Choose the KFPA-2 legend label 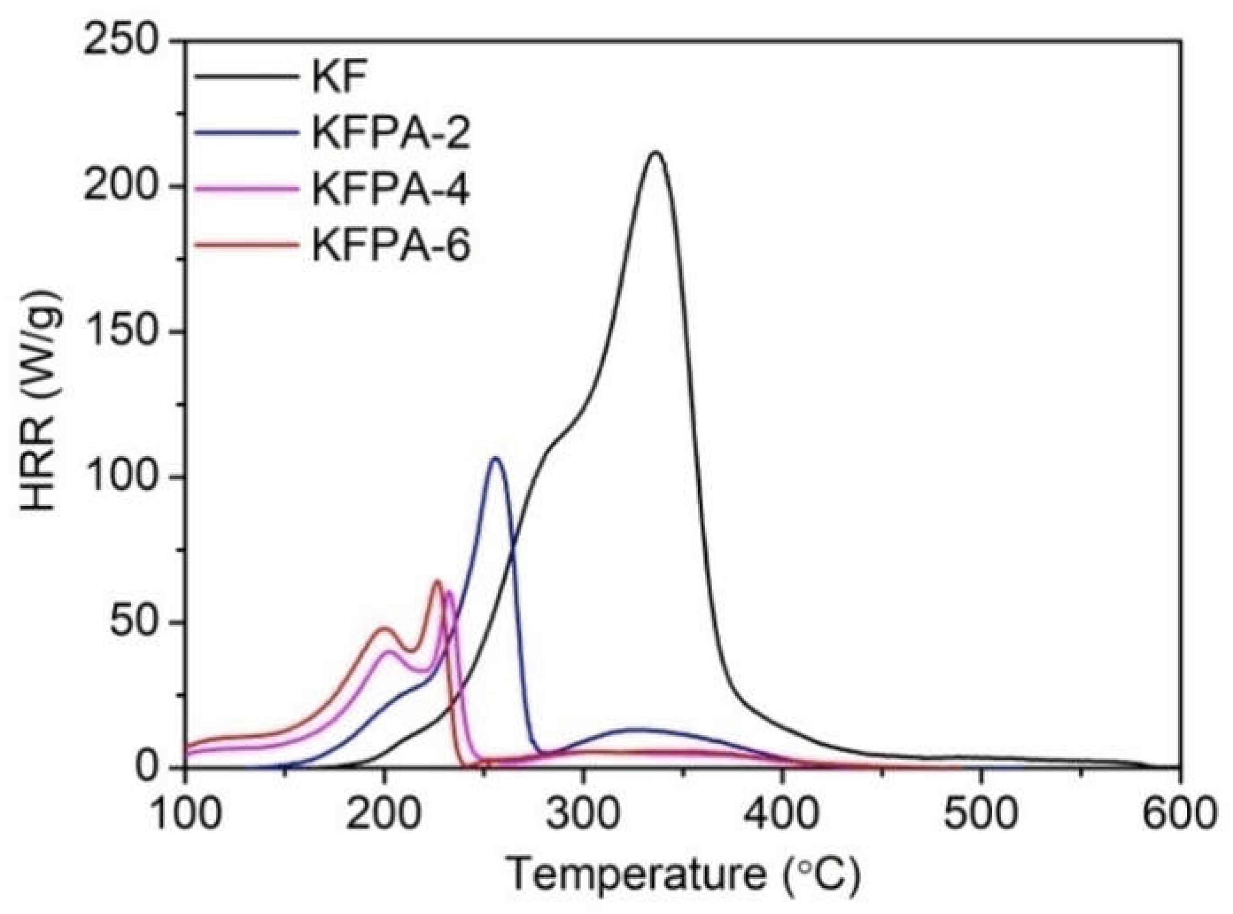pyautogui.click(x=390, y=134)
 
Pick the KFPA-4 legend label pyautogui.click(x=390, y=190)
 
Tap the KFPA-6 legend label pyautogui.click(x=390, y=246)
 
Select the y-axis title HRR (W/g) pyautogui.click(x=42, y=402)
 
